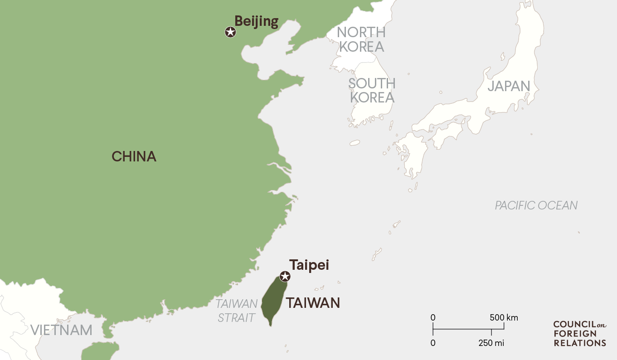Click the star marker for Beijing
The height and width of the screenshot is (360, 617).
[230, 32]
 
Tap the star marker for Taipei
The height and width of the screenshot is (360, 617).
[285, 276]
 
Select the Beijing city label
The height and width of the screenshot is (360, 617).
[256, 21]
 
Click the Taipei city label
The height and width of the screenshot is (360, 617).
[309, 265]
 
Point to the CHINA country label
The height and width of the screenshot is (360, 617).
[134, 156]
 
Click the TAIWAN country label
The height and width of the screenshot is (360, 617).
[313, 302]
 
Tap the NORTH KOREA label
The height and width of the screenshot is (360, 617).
[361, 39]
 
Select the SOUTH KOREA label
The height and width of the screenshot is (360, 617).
[372, 90]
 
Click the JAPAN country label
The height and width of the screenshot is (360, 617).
[509, 86]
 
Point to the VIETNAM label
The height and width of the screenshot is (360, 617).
[62, 330]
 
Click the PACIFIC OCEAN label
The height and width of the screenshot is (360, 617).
[536, 205]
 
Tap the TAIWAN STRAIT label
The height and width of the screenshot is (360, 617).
[236, 311]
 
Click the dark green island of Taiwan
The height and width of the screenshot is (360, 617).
[275, 299]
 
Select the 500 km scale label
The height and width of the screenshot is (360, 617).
[504, 317]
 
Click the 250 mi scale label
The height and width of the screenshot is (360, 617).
[491, 343]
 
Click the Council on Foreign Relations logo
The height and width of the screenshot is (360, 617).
[579, 333]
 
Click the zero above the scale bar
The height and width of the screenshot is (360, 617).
[433, 317]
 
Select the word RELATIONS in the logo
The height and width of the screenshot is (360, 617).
[579, 343]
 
